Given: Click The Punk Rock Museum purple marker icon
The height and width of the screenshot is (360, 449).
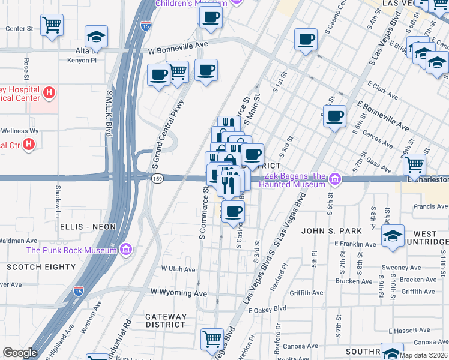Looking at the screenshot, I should (126, 249).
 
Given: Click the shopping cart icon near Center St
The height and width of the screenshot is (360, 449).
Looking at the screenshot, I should (52, 25).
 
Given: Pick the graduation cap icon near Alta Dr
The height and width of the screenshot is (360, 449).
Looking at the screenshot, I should (96, 37).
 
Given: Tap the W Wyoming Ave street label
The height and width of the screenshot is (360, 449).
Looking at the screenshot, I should (178, 293).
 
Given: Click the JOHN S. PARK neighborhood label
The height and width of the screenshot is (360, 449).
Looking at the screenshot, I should (331, 231).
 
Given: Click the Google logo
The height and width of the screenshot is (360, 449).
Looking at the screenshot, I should (20, 353).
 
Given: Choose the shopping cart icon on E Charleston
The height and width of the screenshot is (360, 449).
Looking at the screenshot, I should (414, 163).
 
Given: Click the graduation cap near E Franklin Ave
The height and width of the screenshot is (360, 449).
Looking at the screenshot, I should (393, 235).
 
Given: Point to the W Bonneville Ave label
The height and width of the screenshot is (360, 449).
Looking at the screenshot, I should (178, 52).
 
